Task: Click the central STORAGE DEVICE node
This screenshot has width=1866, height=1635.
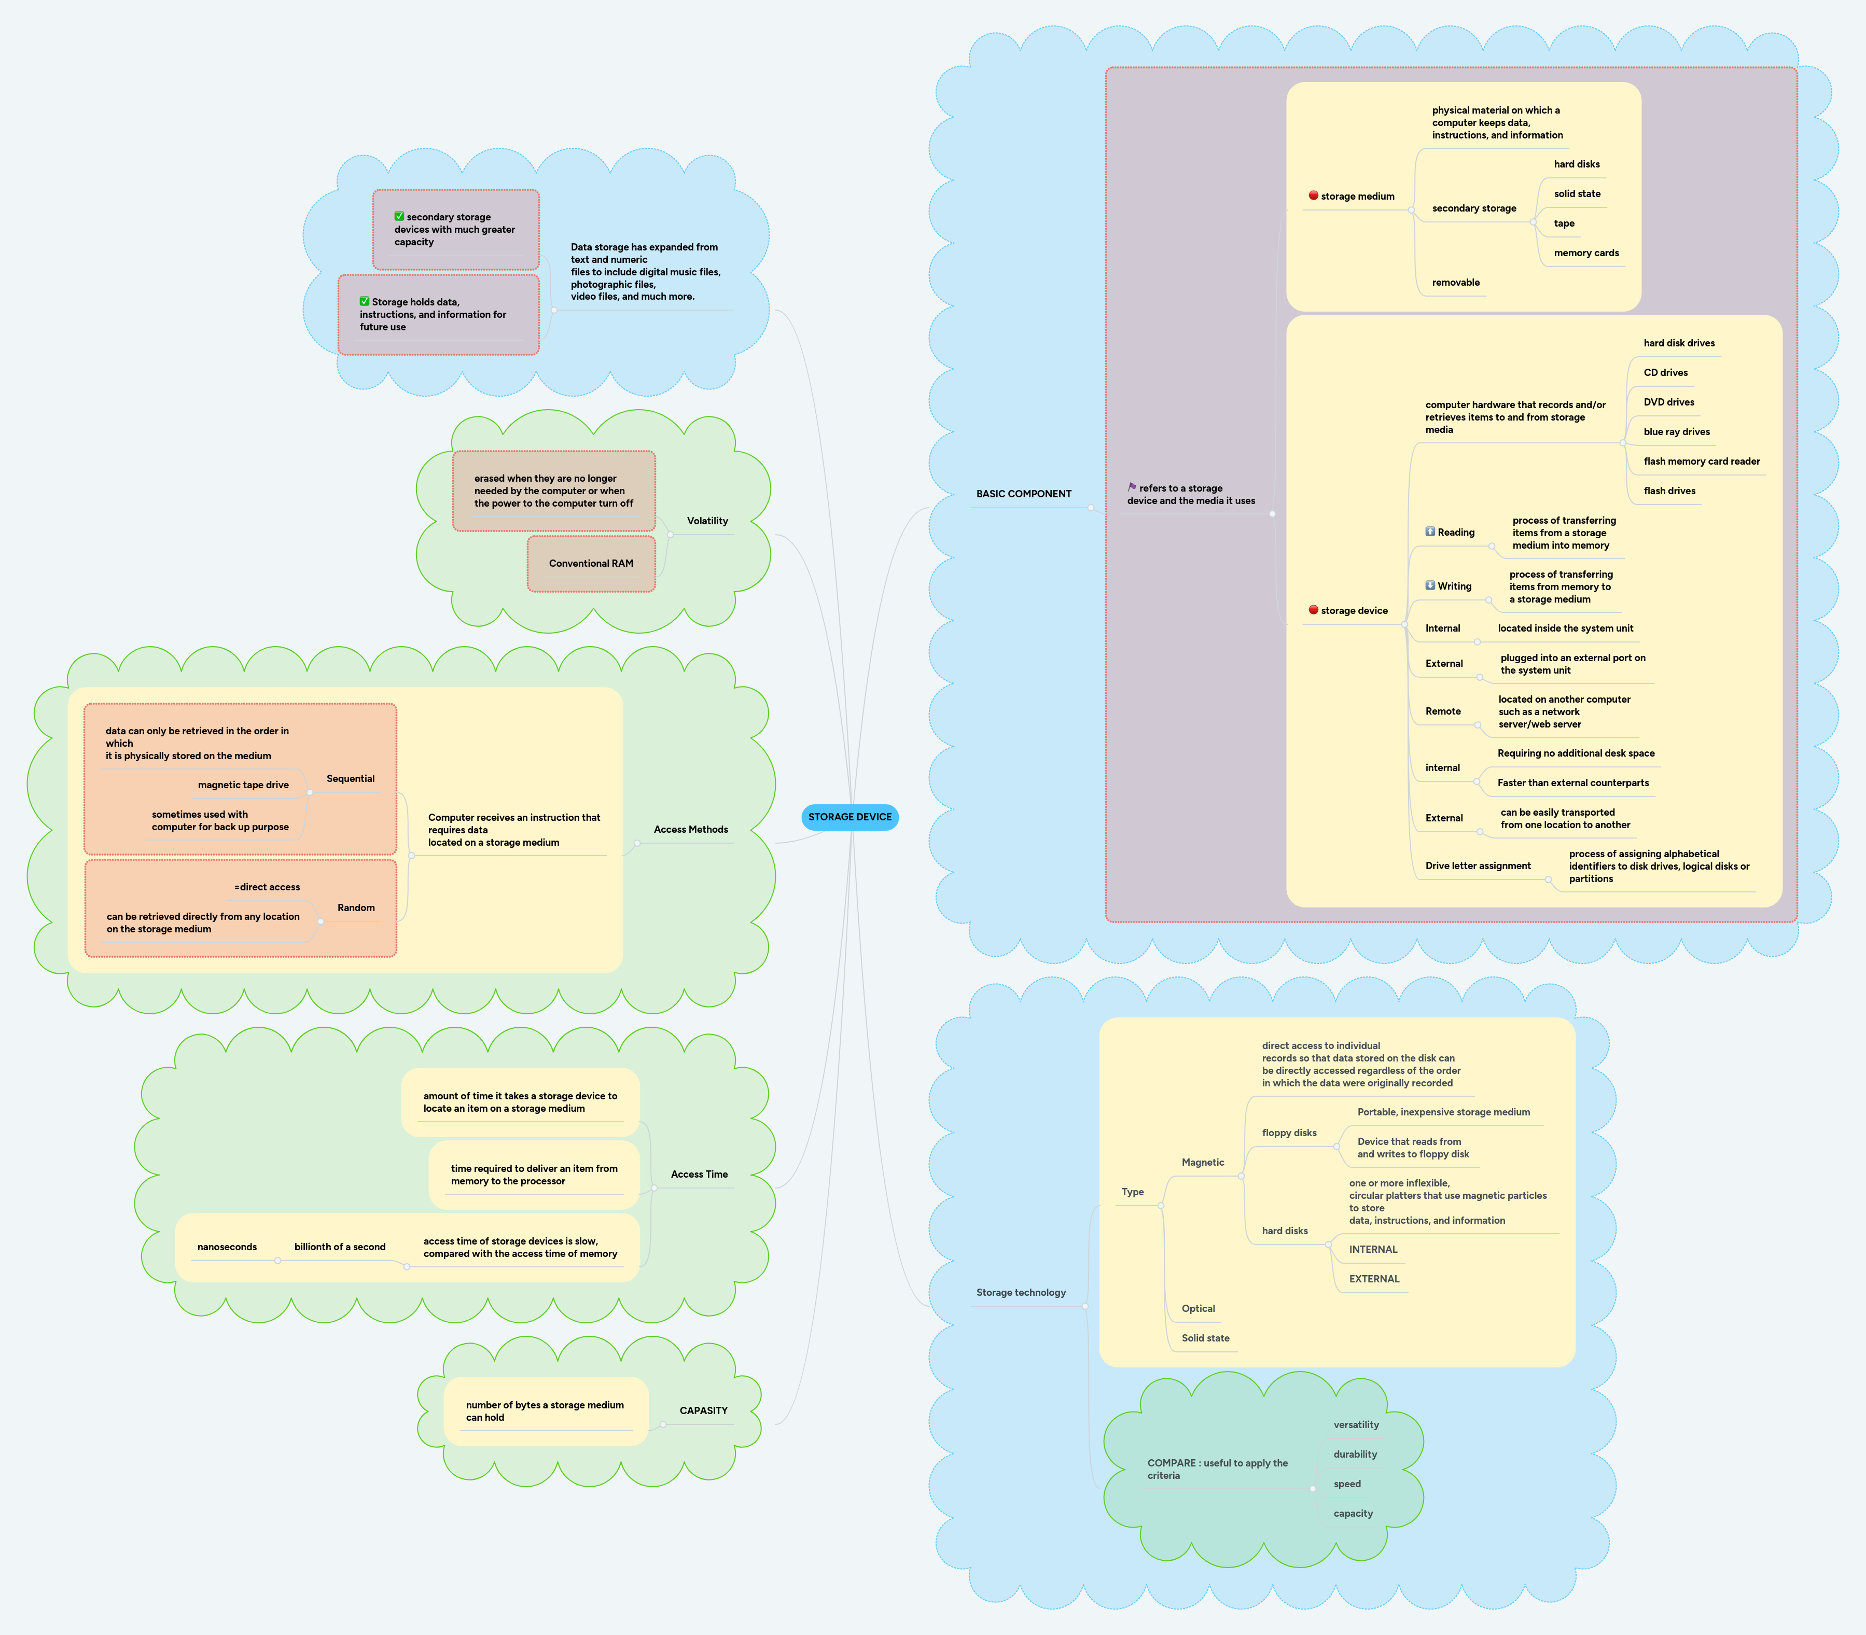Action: pos(850,817)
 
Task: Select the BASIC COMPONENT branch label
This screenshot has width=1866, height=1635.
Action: pos(1024,494)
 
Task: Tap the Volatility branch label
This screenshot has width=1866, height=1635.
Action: pos(707,521)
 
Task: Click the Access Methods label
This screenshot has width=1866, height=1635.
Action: pos(691,829)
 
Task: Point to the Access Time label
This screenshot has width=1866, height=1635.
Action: pos(699,1174)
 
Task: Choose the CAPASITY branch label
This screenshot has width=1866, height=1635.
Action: pos(704,1410)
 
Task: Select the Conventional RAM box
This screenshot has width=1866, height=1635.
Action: pos(591,564)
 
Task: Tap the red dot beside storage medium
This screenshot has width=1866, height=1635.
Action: pos(1313,195)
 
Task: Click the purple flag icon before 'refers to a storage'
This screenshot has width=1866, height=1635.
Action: pos(1132,487)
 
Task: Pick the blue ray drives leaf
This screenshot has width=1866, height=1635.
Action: pos(1676,431)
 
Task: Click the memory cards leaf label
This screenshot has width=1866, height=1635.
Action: pos(1586,253)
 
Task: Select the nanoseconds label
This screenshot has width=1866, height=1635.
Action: pos(227,1247)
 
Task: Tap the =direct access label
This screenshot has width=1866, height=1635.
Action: pos(267,887)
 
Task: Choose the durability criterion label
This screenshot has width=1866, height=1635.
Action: pos(1355,1455)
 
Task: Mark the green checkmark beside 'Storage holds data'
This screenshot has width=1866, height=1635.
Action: pos(364,301)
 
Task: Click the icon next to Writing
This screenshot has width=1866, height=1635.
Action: pos(1430,585)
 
